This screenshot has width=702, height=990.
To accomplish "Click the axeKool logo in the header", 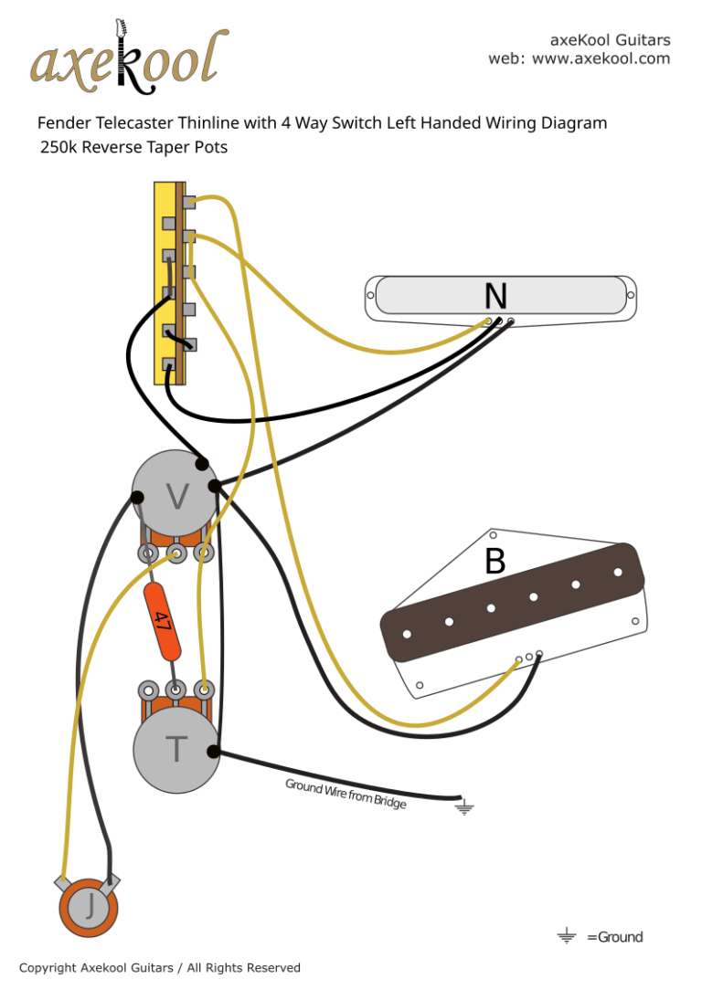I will tap(128, 60).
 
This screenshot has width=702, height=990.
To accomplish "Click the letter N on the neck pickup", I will tap(495, 296).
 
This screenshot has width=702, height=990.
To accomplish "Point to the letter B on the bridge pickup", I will tap(495, 562).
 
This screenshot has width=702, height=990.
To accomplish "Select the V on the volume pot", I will tap(177, 497).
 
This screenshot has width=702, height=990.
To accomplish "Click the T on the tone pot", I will tap(176, 750).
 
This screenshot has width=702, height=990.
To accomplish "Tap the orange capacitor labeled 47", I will tap(163, 623).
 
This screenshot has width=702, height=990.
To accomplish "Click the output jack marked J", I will tap(90, 907).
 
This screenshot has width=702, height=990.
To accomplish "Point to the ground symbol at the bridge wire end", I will tap(464, 806).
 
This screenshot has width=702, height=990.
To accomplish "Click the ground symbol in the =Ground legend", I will tap(567, 936).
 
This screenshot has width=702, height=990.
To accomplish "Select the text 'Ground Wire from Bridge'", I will tap(346, 793).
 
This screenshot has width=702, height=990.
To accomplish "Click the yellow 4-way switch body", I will tap(165, 282).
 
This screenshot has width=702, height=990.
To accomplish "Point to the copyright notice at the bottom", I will tap(160, 967).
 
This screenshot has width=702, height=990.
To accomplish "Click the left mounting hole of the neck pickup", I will tap(371, 296).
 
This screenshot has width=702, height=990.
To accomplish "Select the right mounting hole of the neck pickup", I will tap(629, 294).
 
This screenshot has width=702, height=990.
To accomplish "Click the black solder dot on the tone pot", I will tap(213, 753).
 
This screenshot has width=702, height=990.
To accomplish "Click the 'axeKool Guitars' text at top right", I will tap(610, 40).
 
